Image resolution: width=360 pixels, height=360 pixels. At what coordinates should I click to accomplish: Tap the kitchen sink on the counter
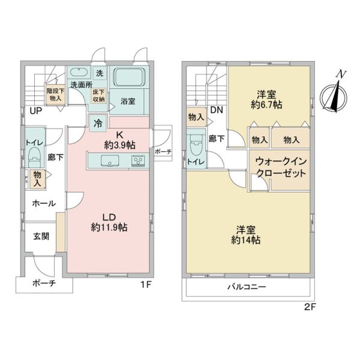110,160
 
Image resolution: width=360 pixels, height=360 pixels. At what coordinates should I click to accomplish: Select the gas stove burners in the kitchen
138,161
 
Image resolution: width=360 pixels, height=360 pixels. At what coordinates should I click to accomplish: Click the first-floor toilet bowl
34,157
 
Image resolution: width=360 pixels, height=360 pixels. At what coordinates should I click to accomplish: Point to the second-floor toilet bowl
196,145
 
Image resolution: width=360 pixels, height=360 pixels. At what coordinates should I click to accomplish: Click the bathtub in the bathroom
130,77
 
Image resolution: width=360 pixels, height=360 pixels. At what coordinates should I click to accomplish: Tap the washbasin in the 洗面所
79,71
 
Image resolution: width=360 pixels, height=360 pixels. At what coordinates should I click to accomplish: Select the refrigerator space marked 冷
98,123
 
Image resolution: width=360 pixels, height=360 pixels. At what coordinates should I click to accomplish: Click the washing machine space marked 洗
100,73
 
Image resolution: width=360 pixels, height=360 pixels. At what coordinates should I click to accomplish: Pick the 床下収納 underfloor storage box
99,95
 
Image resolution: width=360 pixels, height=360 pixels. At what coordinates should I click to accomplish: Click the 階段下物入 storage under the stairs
56,95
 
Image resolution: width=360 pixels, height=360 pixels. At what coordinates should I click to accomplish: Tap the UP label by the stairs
36,111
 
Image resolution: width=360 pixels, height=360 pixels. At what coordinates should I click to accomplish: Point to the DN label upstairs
217,110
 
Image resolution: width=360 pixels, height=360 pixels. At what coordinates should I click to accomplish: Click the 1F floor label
146,284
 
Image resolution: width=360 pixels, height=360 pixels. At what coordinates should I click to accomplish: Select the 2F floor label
310,307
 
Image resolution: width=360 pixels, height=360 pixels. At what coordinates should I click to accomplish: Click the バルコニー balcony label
247,287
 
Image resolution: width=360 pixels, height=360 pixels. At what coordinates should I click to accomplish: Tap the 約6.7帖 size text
266,105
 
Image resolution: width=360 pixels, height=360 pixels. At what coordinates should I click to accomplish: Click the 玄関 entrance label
41,236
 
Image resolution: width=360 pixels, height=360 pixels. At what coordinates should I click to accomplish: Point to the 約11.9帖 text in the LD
109,227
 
